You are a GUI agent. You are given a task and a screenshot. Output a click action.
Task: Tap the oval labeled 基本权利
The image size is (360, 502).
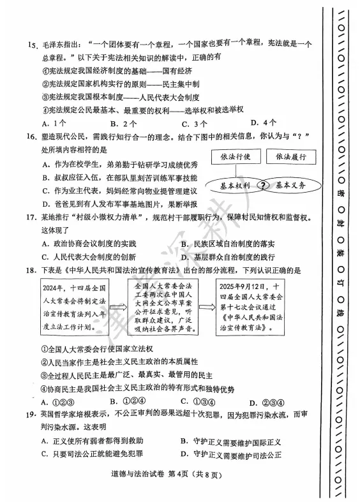(x=234, y=185)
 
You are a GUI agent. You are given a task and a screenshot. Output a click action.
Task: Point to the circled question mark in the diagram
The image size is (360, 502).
(x=262, y=186)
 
